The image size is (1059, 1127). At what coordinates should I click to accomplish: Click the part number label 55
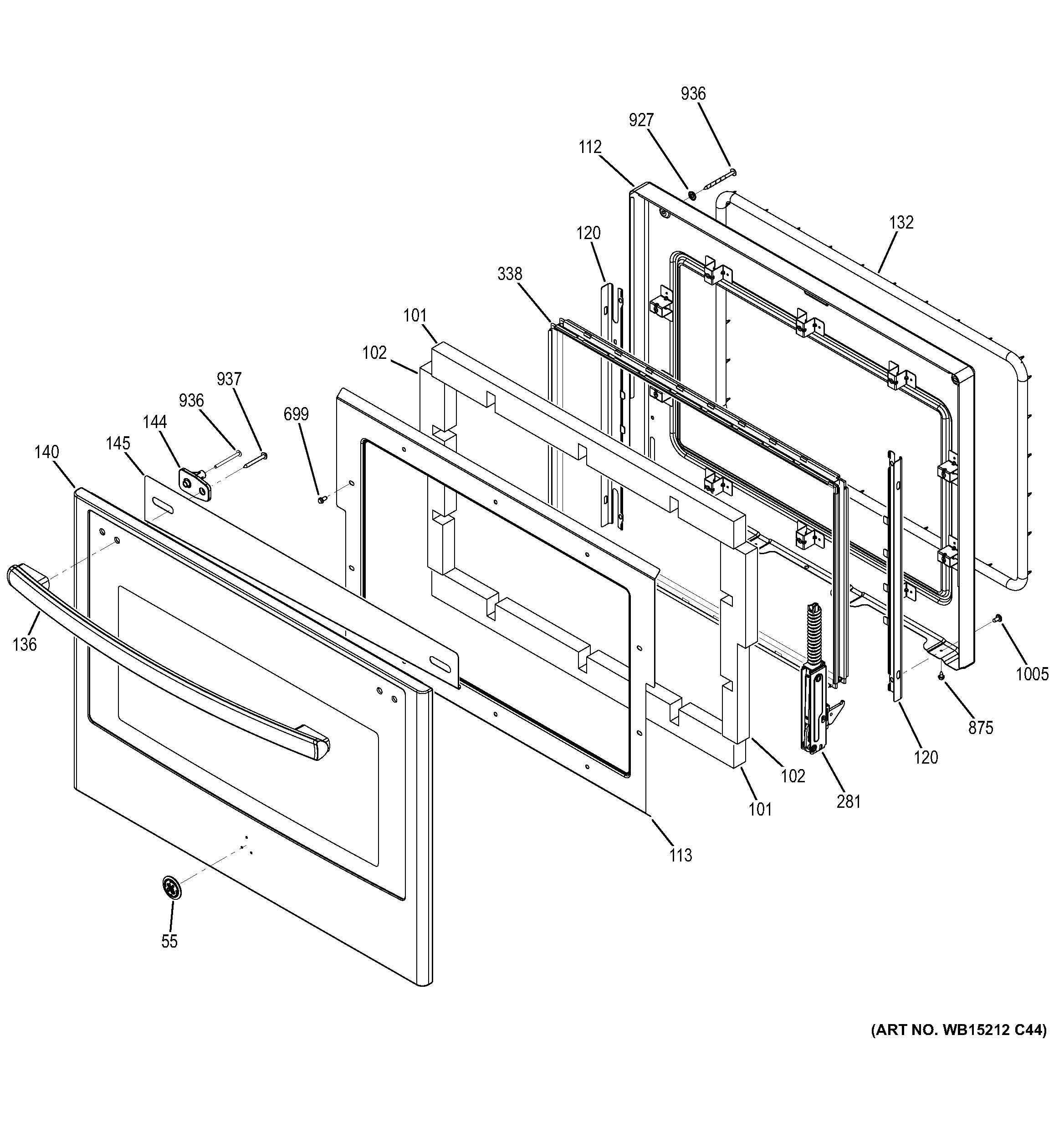[169, 941]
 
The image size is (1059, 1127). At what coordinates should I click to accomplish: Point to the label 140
[46, 452]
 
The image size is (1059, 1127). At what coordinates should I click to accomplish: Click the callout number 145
[118, 444]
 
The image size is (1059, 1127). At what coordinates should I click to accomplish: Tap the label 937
[229, 379]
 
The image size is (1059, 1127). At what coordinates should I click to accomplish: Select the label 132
[901, 222]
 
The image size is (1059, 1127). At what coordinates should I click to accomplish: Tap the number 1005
[1032, 674]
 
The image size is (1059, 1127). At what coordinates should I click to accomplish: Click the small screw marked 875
[941, 676]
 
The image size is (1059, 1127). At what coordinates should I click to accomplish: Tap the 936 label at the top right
[693, 93]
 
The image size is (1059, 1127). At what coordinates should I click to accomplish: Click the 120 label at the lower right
[926, 757]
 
